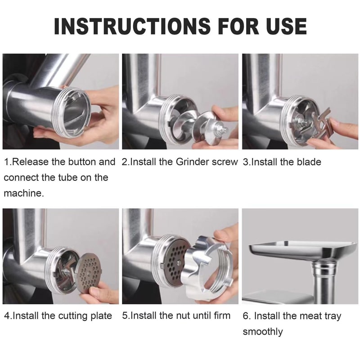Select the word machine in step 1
[x=24, y=193]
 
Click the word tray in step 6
[x=332, y=316]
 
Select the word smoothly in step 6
[x=263, y=332]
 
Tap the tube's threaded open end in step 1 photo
[x=73, y=112]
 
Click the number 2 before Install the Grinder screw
[x=124, y=162]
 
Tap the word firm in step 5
[x=222, y=316]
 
